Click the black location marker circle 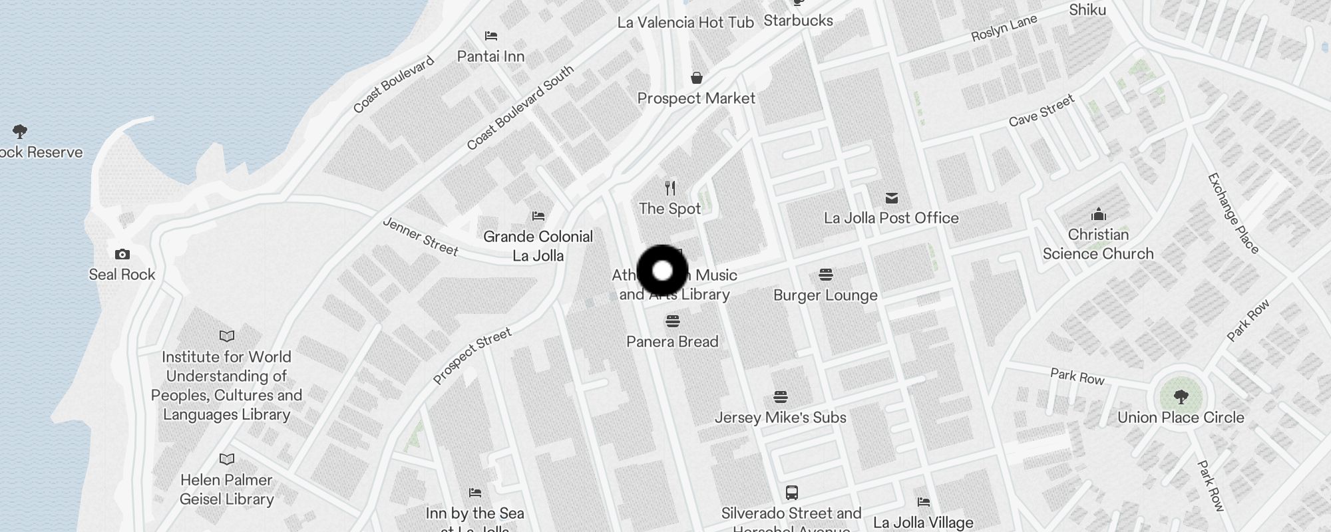[662, 271]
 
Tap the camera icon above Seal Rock [122, 254]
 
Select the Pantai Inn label [490, 57]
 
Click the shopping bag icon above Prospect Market [696, 78]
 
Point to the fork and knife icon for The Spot [670, 188]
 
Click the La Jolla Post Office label [891, 218]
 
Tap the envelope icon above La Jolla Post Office [892, 198]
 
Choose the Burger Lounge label [825, 295]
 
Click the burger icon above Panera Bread [672, 322]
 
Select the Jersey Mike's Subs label [780, 418]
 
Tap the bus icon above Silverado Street [791, 493]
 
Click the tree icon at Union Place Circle [1181, 398]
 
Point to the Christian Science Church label [1098, 244]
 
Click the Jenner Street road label [421, 237]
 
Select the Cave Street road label [1042, 110]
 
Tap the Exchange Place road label [1233, 213]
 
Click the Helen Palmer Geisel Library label [226, 489]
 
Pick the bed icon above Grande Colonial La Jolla [538, 216]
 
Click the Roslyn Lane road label [1004, 28]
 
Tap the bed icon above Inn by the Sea [475, 493]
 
